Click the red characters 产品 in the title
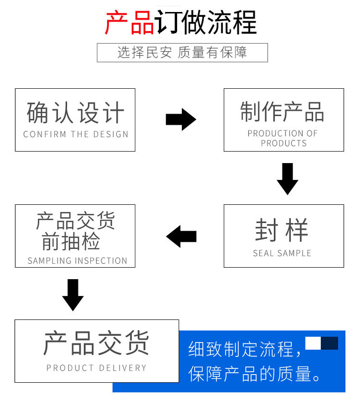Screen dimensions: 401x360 click(x=129, y=22)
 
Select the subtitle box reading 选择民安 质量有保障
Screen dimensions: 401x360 click(x=182, y=52)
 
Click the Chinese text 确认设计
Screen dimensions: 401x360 click(x=75, y=113)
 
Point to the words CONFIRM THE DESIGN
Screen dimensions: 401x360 click(x=76, y=135)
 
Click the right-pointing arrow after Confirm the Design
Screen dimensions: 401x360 click(x=181, y=119)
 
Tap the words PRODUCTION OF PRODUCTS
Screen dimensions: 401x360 click(x=283, y=138)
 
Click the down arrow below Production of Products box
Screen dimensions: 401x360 click(x=288, y=178)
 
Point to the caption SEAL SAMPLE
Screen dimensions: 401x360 click(x=282, y=253)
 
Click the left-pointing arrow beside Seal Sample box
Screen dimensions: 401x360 click(x=181, y=236)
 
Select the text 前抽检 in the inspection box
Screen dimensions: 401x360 click(x=71, y=242)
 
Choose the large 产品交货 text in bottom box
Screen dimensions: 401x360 click(x=96, y=342)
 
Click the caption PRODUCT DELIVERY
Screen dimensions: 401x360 click(x=96, y=368)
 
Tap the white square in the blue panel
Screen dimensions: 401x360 click(x=313, y=343)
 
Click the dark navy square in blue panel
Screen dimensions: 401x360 click(x=330, y=343)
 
